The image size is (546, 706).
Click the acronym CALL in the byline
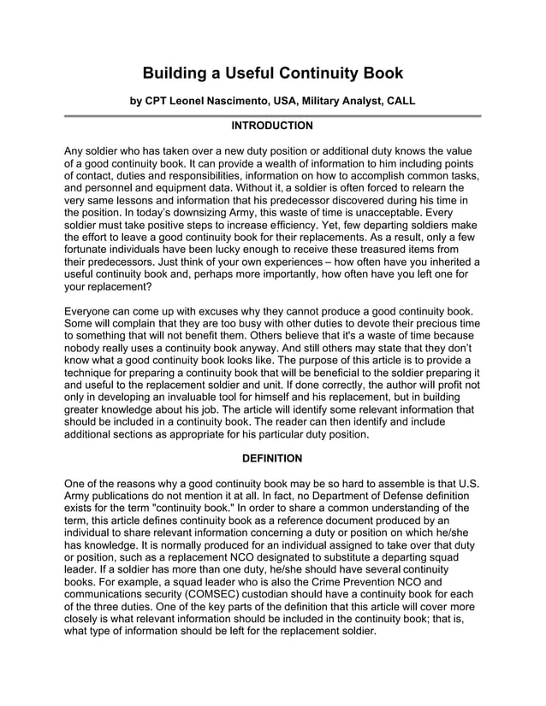click(x=400, y=101)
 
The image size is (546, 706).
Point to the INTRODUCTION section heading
click(x=272, y=126)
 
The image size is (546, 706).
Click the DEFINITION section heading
click(x=272, y=459)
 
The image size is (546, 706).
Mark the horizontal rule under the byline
click(x=272, y=115)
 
